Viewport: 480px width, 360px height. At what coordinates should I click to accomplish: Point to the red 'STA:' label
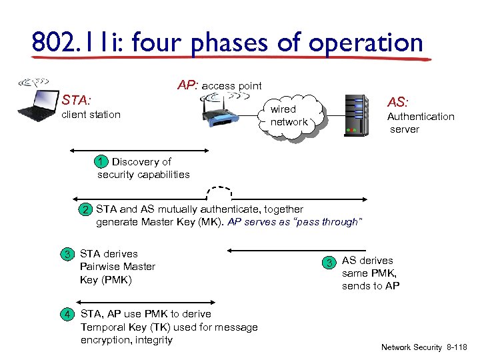pos(76,101)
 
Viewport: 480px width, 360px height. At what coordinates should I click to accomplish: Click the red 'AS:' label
pos(398,102)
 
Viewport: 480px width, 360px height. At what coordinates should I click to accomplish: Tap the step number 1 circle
pos(99,162)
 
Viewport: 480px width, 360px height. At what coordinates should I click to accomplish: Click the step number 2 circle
pos(85,210)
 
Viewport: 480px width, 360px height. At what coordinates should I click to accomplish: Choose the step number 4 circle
pos(67,314)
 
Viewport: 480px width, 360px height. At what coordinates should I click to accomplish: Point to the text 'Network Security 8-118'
pos(423,347)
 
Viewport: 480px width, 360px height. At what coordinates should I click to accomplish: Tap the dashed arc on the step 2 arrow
pos(220,192)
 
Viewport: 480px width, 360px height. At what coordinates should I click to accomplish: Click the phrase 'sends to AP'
pos(371,286)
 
